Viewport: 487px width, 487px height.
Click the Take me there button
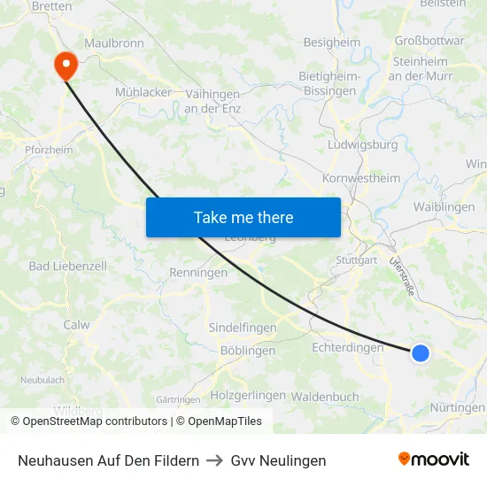coord(243,217)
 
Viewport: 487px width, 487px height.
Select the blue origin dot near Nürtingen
coord(421,353)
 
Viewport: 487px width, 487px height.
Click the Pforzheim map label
coord(50,150)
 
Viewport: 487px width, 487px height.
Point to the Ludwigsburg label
coord(363,145)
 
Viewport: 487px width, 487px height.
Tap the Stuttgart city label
coord(357,260)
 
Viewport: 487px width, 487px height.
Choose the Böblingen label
coord(247,351)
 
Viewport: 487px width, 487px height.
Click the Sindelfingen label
coord(243,328)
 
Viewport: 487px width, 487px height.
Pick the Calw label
coord(76,325)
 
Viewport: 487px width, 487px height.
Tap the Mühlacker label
coord(143,92)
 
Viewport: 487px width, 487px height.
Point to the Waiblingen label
coord(444,206)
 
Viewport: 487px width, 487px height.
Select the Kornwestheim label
coord(361,178)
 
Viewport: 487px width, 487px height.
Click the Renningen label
coord(198,273)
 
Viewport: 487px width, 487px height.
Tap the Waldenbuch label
coord(325,397)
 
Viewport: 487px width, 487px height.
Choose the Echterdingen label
coord(348,348)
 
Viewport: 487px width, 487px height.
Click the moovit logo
coord(434,460)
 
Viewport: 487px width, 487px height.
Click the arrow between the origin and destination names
coord(215,460)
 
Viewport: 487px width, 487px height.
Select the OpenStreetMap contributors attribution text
coord(89,421)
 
